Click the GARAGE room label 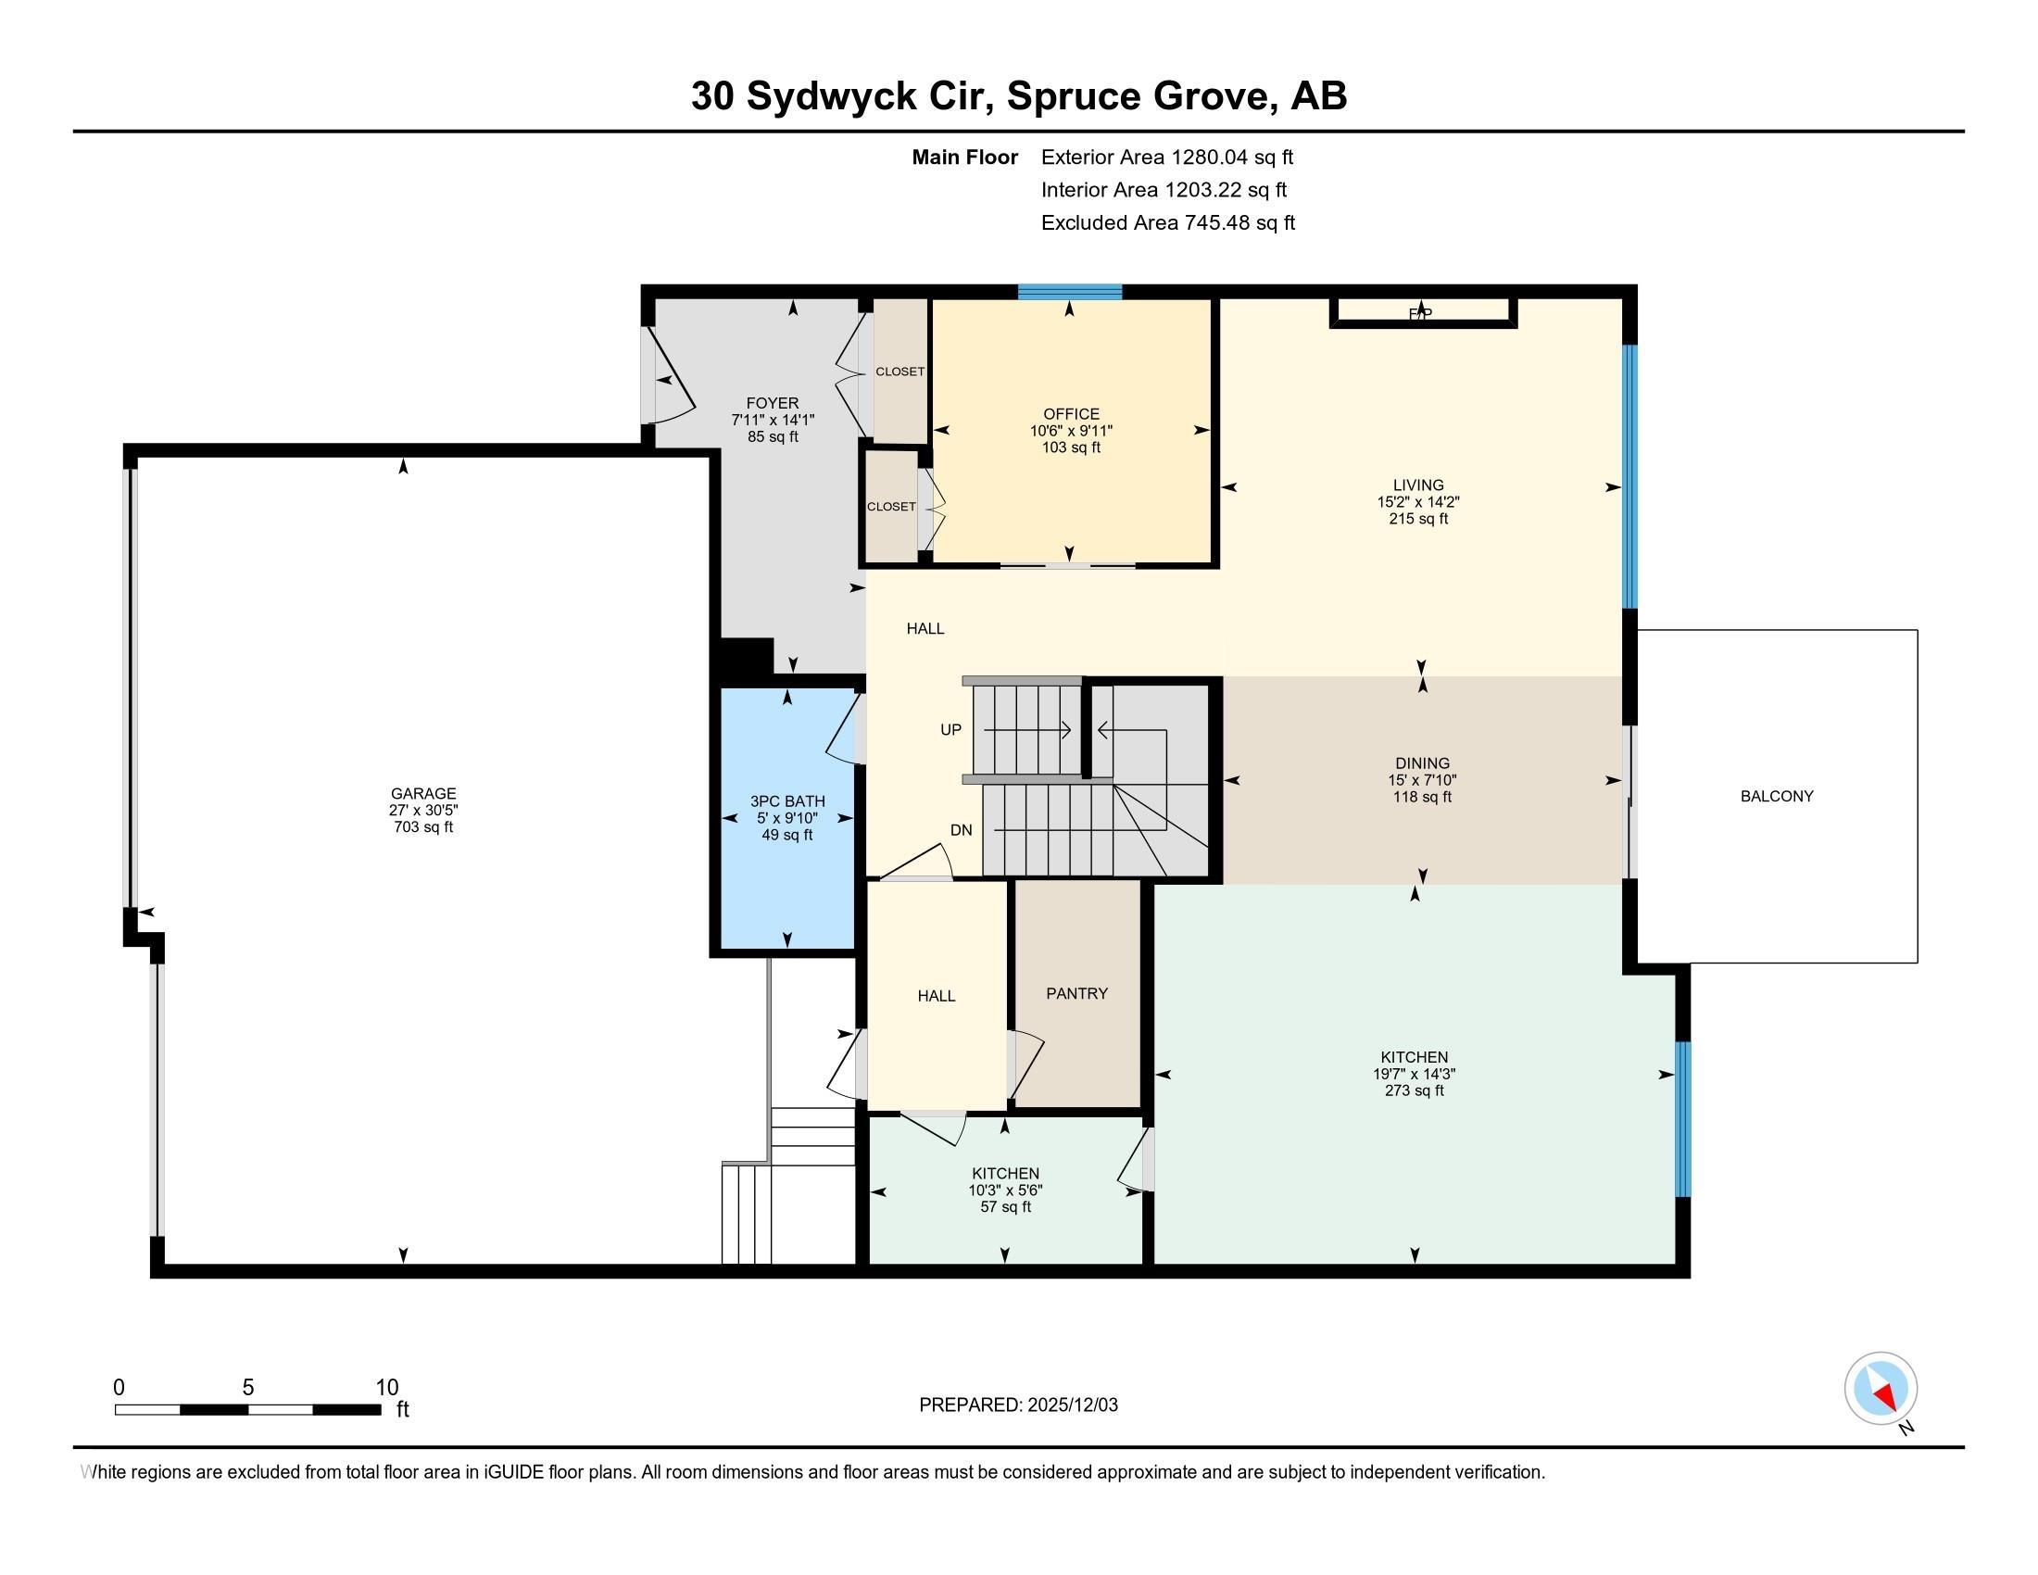[422, 794]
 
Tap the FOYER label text [772, 403]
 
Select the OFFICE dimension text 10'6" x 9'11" [1070, 431]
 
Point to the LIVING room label [1417, 485]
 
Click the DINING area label [1422, 763]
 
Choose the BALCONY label [1776, 797]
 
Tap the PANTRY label [1076, 994]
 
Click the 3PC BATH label [786, 801]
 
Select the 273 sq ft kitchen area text [1414, 1090]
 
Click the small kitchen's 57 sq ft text [1004, 1207]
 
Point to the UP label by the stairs [950, 731]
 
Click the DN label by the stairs [961, 830]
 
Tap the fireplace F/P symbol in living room [1419, 314]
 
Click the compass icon [1880, 1389]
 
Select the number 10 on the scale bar [386, 1388]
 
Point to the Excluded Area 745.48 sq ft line [1167, 223]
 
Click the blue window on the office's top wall [1068, 292]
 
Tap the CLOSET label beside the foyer [899, 372]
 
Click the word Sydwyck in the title [831, 96]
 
